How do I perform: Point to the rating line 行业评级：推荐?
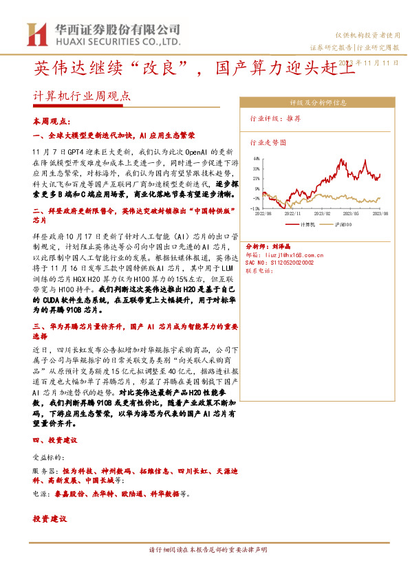(x=274, y=118)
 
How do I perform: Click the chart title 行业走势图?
(x=268, y=142)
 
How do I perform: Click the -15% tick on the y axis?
(x=255, y=207)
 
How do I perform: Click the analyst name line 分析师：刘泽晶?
(x=268, y=245)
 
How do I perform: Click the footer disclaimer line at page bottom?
(x=204, y=550)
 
